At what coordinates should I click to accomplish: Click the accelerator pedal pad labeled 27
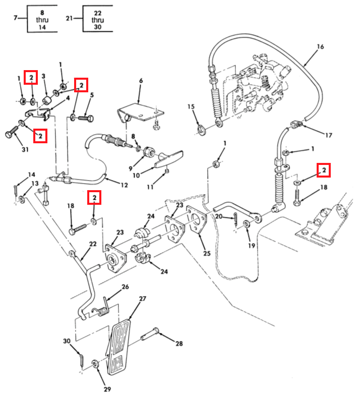pos(118,347)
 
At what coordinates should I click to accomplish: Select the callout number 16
pos(320,47)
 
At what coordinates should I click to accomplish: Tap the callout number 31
pos(25,149)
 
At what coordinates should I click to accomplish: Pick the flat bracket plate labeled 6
pos(141,113)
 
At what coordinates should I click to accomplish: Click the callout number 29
pos(107,389)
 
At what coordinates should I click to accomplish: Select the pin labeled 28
pos(150,334)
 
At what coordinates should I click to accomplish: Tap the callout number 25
pos(207,253)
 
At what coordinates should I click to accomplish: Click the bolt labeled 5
pos(86,119)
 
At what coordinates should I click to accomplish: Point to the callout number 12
pos(124,185)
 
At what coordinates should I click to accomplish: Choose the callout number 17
pos(329,135)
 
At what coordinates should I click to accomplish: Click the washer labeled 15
pos(202,130)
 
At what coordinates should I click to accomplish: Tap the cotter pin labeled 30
pos(81,360)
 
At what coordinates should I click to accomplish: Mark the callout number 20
pos(219,216)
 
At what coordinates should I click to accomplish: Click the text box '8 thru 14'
pos(42,19)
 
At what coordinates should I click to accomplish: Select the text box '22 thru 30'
pos(98,19)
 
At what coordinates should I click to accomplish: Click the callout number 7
pos(16,18)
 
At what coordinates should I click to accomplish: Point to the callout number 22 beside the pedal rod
pos(93,244)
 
